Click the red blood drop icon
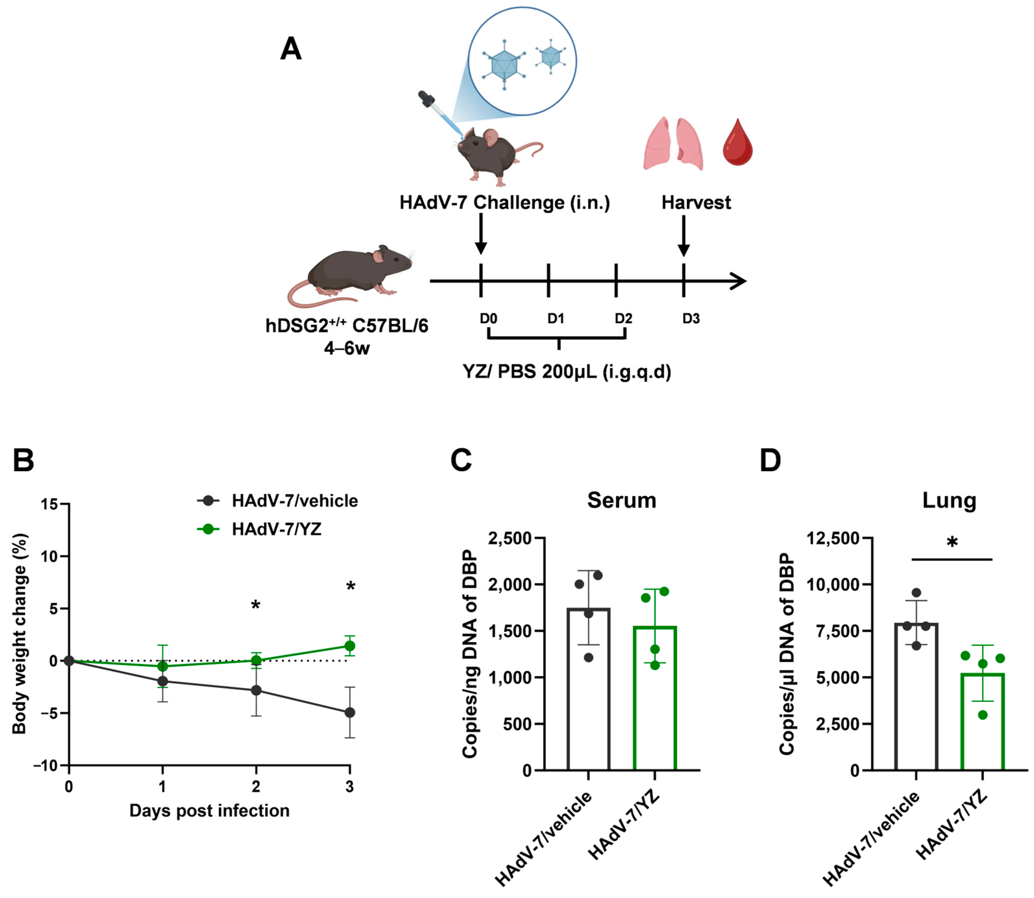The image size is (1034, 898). (737, 144)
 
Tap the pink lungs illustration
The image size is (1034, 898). (673, 144)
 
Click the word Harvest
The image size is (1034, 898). (696, 203)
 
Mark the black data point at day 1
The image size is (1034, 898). (162, 681)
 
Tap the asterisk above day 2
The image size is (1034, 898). (256, 605)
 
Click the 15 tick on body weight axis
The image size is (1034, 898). (50, 504)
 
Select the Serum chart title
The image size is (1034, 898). (621, 500)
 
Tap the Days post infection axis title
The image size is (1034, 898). (209, 811)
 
